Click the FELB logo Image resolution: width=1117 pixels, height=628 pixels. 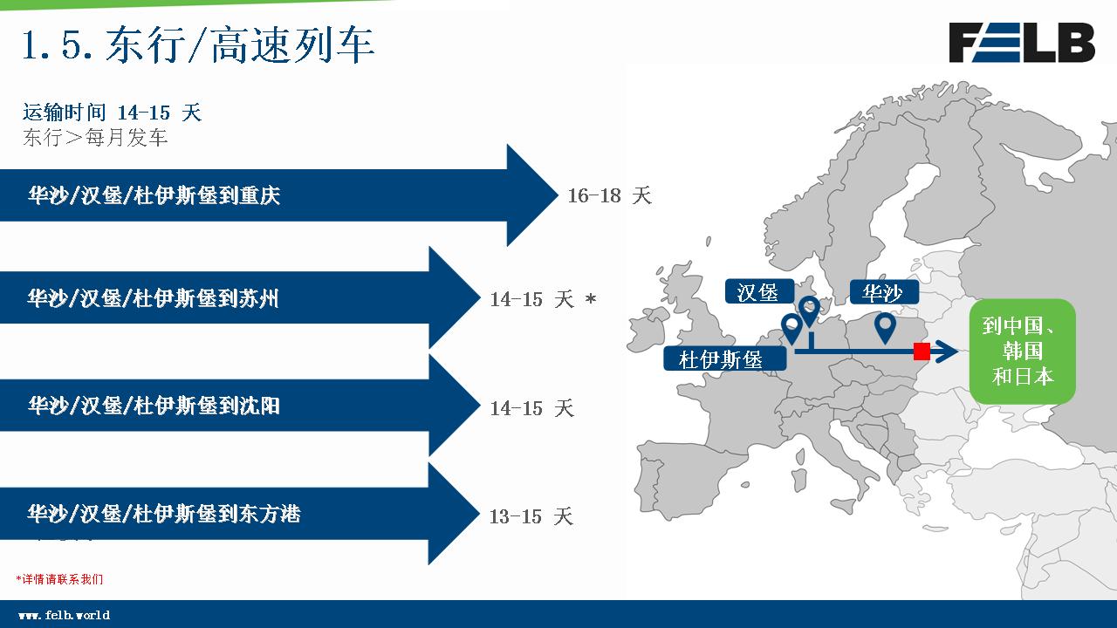pyautogui.click(x=1022, y=43)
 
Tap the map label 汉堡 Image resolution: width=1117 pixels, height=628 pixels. pyautogui.click(x=758, y=292)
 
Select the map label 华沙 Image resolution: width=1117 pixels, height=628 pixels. pyautogui.click(x=883, y=292)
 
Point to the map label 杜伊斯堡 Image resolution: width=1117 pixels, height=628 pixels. pyautogui.click(x=724, y=358)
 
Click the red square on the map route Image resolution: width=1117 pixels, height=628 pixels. pyautogui.click(x=922, y=352)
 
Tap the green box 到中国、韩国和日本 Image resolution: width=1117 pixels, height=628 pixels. pyautogui.click(x=1022, y=352)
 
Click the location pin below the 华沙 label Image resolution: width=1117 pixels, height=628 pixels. pyautogui.click(x=885, y=327)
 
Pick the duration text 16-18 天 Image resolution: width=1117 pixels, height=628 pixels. pyautogui.click(x=609, y=195)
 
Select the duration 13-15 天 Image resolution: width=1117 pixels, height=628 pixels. pyautogui.click(x=531, y=516)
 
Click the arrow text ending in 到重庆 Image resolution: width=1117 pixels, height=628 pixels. pyautogui.click(x=154, y=195)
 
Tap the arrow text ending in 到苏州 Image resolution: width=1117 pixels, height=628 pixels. pyautogui.click(x=153, y=298)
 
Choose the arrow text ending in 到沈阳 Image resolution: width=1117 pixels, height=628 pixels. pyautogui.click(x=154, y=406)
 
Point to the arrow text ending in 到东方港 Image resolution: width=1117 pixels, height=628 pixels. pyautogui.click(x=164, y=514)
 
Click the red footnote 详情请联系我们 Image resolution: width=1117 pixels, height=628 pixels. pyautogui.click(x=60, y=579)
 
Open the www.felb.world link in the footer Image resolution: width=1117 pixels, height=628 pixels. pyautogui.click(x=65, y=616)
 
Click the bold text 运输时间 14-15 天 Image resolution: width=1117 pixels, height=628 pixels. pyautogui.click(x=113, y=113)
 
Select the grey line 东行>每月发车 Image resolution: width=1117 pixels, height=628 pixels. pyautogui.click(x=95, y=138)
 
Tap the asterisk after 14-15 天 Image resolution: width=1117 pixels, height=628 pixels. pyautogui.click(x=591, y=299)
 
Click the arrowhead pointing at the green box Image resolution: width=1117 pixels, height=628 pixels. pyautogui.click(x=947, y=352)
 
